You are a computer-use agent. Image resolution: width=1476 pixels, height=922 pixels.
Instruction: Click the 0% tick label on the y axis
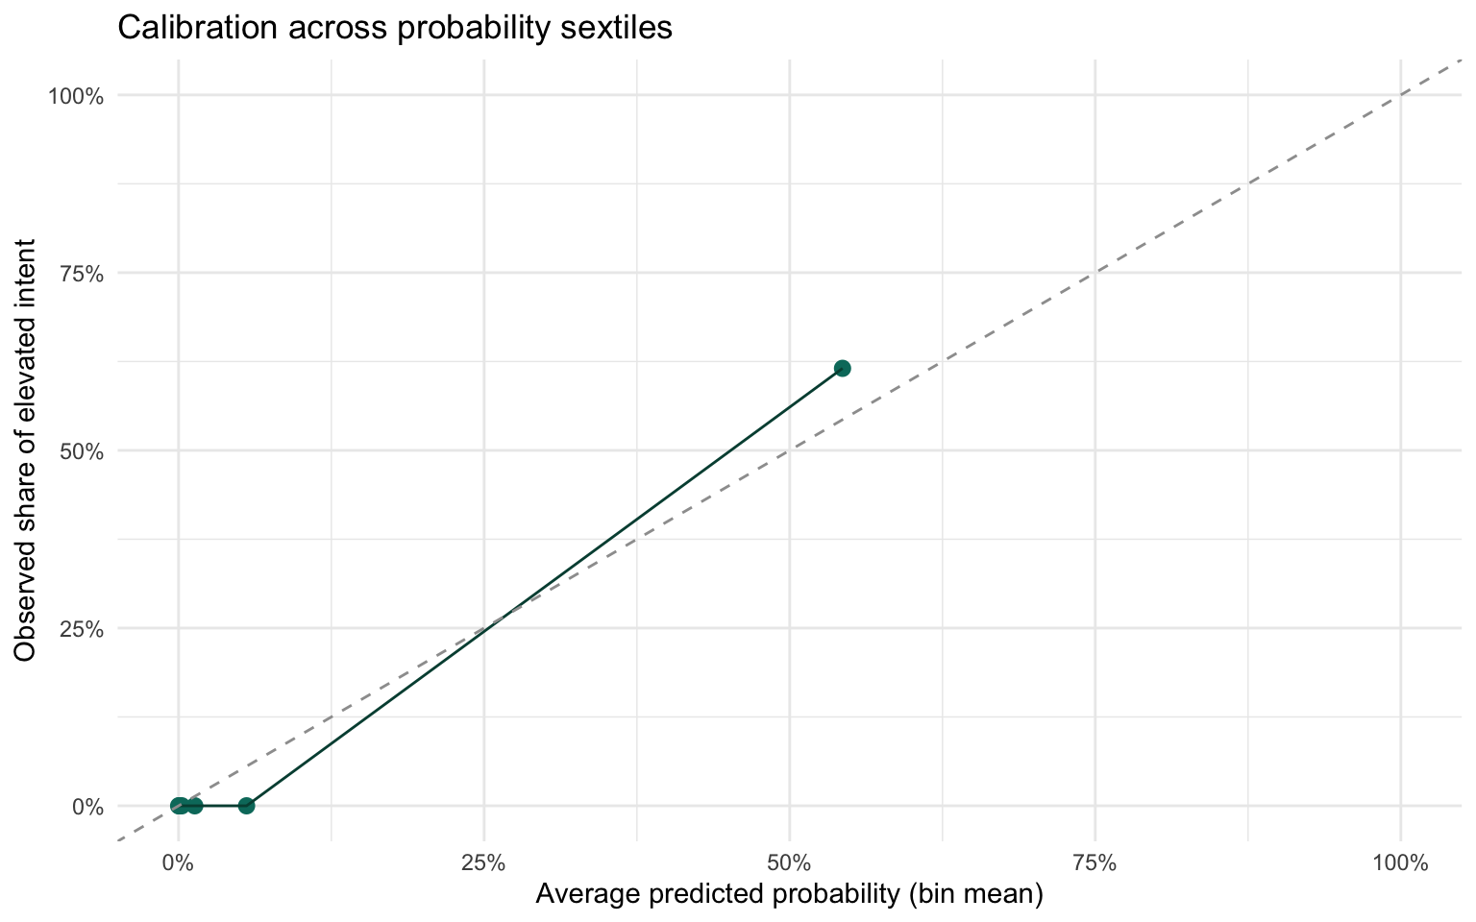click(x=87, y=806)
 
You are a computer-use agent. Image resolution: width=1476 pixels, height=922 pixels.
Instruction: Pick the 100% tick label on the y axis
click(x=78, y=95)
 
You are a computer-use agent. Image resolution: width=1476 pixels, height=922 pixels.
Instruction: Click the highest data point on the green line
click(x=842, y=368)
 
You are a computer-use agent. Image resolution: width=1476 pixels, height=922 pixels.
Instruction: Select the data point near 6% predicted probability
click(x=246, y=805)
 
